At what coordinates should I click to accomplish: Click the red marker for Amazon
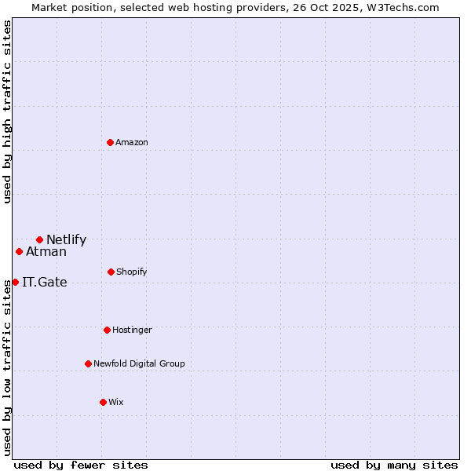(x=110, y=142)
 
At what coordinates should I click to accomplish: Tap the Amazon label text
(x=132, y=142)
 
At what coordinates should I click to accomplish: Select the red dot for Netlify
(x=39, y=239)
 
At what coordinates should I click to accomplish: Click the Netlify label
(x=66, y=240)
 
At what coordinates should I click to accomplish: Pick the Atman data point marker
(x=19, y=251)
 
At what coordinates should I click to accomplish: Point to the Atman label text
(x=46, y=252)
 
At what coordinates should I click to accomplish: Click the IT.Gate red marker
(x=15, y=282)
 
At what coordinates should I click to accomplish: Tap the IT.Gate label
(x=45, y=283)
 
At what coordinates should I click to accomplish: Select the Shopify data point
(x=111, y=272)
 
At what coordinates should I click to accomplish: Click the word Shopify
(x=132, y=272)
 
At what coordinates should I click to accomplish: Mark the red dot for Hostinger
(x=107, y=330)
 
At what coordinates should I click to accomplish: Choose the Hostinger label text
(x=132, y=330)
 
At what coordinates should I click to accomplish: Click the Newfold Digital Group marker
(x=88, y=363)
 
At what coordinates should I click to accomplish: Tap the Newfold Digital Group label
(x=140, y=363)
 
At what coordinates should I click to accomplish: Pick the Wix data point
(x=103, y=402)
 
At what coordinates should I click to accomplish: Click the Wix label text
(x=116, y=402)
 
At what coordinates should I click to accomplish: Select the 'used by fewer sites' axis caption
(x=81, y=466)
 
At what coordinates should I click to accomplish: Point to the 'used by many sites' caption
(x=394, y=466)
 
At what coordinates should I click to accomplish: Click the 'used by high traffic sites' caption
(x=7, y=111)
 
